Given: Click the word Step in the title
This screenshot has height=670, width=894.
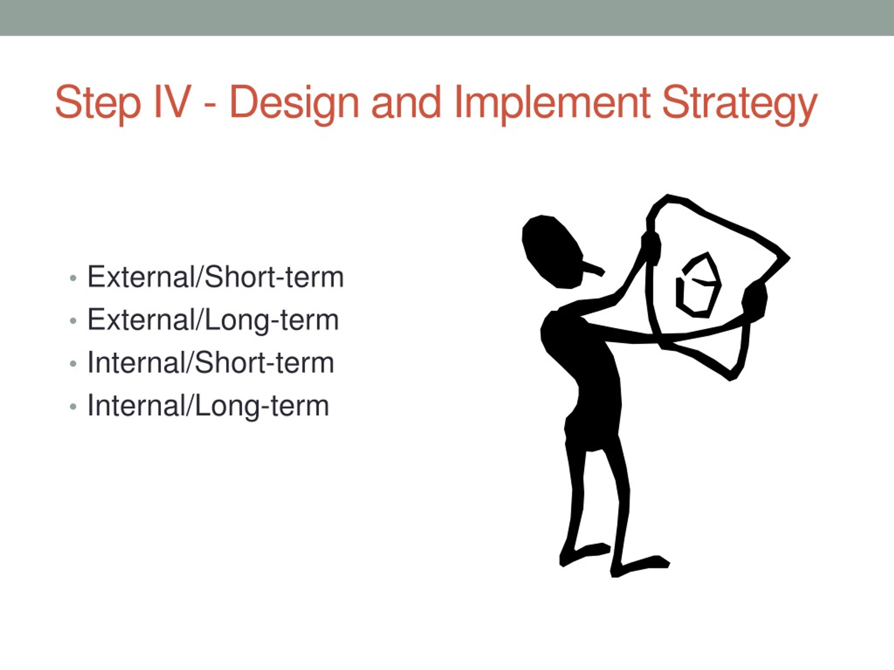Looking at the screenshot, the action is coord(98,103).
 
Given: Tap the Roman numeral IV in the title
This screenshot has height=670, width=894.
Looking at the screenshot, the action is coord(172,102).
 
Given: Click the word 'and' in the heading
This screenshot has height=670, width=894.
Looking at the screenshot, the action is coord(406,102).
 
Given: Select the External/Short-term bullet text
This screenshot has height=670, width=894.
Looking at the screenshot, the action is coord(215,277).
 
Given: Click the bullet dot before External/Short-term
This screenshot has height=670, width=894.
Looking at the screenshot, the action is coord(73,278).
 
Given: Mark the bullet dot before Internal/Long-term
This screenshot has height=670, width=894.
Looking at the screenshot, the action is coord(73,406).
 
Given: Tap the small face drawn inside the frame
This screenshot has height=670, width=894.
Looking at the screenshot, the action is coord(698,285).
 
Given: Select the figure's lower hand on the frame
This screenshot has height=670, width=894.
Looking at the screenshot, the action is coord(754,301).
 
